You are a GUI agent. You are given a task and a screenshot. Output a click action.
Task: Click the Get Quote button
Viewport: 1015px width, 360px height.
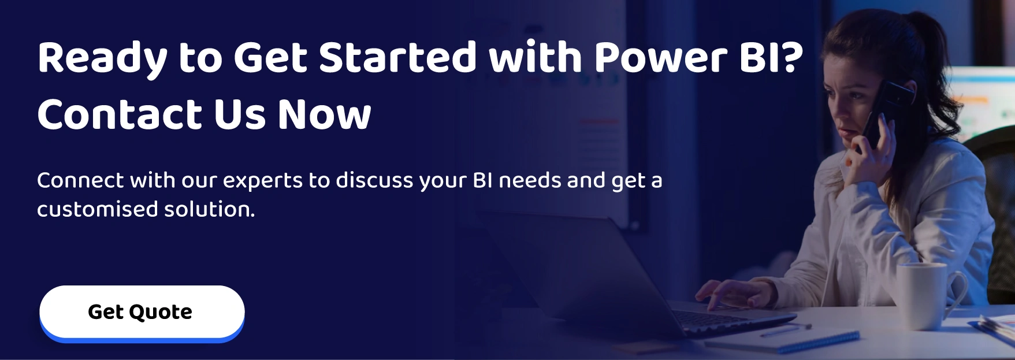[142, 312]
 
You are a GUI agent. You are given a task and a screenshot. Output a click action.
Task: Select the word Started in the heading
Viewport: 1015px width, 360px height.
[397, 58]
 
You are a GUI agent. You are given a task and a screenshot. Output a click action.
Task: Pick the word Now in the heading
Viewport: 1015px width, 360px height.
[324, 114]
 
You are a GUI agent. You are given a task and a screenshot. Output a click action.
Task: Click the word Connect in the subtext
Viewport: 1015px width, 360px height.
[80, 181]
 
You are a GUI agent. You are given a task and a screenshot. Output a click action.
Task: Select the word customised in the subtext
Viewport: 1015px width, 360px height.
[97, 209]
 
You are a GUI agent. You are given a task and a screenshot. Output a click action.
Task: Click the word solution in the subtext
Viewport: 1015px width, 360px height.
[208, 209]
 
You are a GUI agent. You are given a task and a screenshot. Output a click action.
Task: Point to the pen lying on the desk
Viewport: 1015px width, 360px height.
[786, 330]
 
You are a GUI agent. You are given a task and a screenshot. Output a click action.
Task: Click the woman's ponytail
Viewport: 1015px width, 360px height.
[939, 75]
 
